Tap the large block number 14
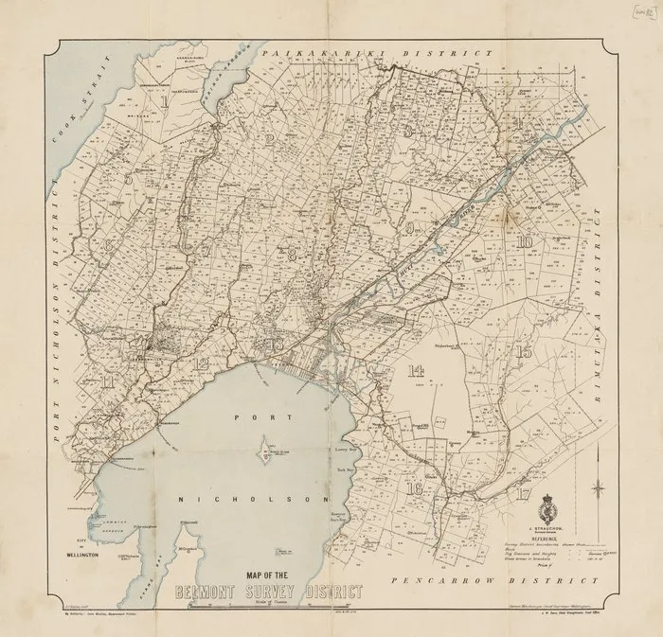413,372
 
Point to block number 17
522,492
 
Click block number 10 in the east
523,240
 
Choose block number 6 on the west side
110,244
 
